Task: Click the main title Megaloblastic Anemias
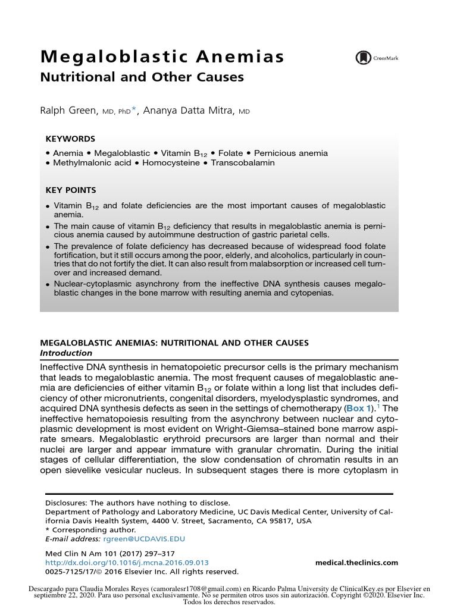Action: (161, 58)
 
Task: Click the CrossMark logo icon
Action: (362, 58)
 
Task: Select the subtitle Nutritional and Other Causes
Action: (142, 77)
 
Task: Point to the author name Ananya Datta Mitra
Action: (189, 109)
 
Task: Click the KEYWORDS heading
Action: (70, 139)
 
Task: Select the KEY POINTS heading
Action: (71, 190)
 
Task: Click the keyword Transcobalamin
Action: (242, 162)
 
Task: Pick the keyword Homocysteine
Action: (171, 162)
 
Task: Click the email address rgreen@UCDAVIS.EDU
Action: (144, 539)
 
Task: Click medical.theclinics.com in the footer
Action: (356, 563)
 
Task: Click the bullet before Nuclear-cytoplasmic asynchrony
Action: (48, 285)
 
